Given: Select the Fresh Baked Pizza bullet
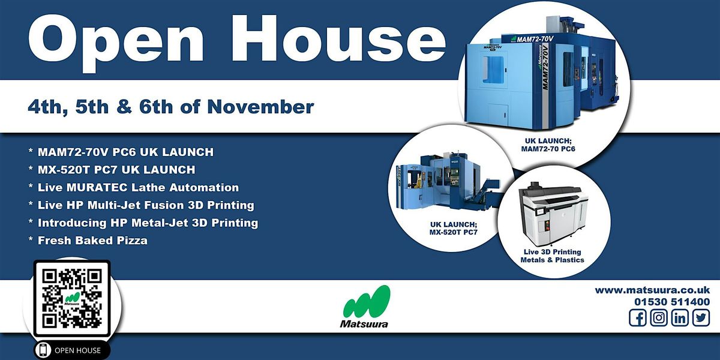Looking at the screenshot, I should point(92,240).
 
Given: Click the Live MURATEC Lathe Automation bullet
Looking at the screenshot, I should point(137,187).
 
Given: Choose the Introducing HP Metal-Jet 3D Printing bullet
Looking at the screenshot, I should point(147,223).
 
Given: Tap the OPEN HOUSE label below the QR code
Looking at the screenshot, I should point(77,350).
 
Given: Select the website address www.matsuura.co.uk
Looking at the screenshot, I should point(652,290).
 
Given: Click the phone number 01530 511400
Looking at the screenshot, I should point(671,302).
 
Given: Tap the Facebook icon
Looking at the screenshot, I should point(638,318).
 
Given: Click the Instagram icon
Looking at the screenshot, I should point(659,318).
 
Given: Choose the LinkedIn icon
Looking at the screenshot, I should point(680,318).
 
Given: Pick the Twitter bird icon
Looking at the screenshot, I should point(700,318).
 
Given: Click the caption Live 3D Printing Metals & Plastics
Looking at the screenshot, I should point(552,256).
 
